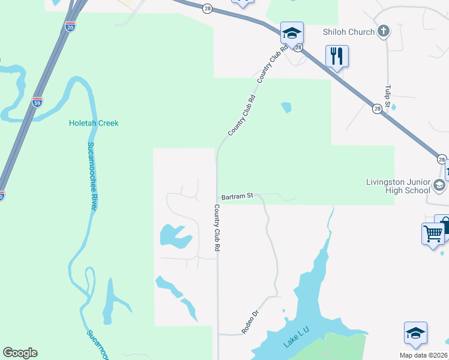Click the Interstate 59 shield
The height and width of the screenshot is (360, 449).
(x=37, y=101)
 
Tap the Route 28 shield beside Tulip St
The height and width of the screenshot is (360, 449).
(x=377, y=109)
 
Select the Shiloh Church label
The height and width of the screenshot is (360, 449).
(x=349, y=32)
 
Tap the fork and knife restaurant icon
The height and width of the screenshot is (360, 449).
(x=337, y=56)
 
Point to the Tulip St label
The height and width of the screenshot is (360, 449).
(x=388, y=97)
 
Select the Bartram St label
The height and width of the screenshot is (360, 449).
(x=238, y=196)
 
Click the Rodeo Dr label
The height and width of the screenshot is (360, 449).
(x=249, y=322)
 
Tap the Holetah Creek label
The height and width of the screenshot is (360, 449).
(x=93, y=123)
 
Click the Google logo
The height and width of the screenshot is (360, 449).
(x=20, y=353)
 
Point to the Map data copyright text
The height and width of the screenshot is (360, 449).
(x=424, y=355)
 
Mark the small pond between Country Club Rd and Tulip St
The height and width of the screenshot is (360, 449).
(x=286, y=107)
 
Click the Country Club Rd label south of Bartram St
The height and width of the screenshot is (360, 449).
(x=216, y=227)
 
